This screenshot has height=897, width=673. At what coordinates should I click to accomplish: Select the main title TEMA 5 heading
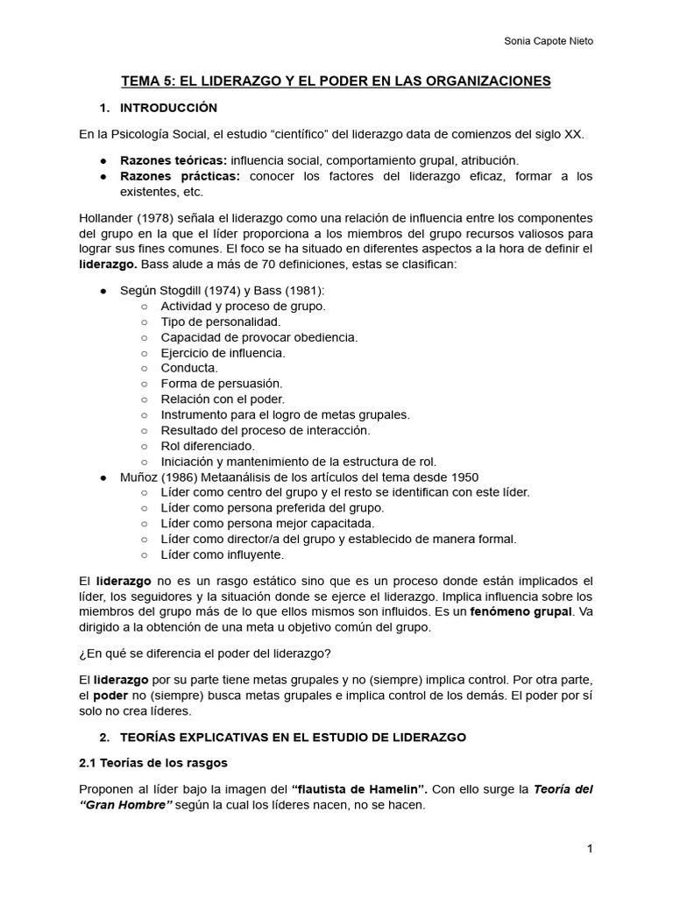coord(336,81)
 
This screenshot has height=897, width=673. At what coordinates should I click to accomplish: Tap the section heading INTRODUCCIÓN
coord(167,108)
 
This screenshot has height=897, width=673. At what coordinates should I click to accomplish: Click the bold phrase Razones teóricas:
coord(174,161)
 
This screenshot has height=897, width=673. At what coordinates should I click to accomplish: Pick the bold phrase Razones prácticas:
coord(180,177)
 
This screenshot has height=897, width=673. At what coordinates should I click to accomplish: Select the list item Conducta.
coord(189,368)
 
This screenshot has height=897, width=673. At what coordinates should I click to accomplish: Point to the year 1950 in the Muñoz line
coord(464,477)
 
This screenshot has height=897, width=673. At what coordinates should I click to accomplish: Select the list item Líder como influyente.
coord(222,554)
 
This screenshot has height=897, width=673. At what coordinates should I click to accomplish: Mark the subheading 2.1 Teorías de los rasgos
coord(153,763)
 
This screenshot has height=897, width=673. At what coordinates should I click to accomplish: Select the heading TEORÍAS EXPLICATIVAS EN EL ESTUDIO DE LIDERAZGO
coord(293,738)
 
